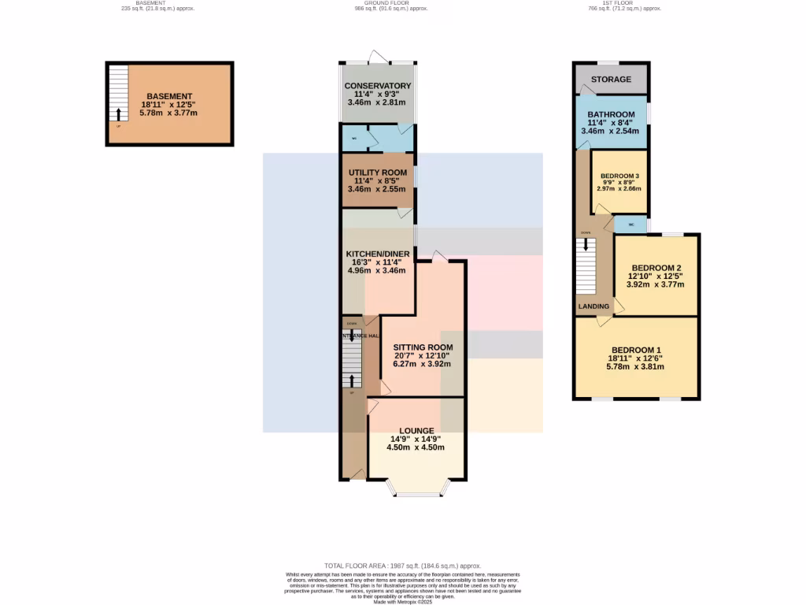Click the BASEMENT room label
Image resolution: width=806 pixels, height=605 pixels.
(169, 96)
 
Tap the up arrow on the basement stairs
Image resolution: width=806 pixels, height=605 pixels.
(119, 114)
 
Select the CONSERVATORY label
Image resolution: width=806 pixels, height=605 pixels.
(378, 86)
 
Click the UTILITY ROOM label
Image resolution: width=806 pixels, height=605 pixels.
(378, 173)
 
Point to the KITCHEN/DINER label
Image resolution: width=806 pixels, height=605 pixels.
(377, 254)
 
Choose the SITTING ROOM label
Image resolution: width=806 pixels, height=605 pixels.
(423, 347)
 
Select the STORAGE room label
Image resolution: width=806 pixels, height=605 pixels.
(612, 80)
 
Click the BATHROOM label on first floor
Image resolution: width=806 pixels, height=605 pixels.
(611, 114)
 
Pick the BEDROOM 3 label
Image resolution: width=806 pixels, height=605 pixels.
(620, 176)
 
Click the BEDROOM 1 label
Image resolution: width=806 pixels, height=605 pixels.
(636, 350)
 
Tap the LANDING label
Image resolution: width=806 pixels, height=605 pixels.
(593, 306)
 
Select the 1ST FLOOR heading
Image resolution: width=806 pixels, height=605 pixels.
(624, 3)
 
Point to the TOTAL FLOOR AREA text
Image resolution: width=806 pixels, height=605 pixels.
(402, 566)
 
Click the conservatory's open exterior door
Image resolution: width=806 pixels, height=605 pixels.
(377, 57)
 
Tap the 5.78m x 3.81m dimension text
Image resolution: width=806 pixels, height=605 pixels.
(636, 366)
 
